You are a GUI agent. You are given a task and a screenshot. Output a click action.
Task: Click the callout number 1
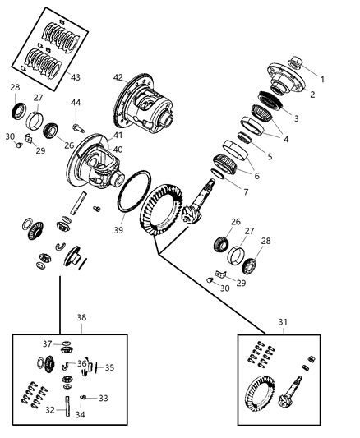(323, 80)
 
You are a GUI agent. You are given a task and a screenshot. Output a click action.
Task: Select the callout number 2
(312, 95)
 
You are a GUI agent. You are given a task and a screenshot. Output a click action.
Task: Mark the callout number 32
(48, 408)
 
